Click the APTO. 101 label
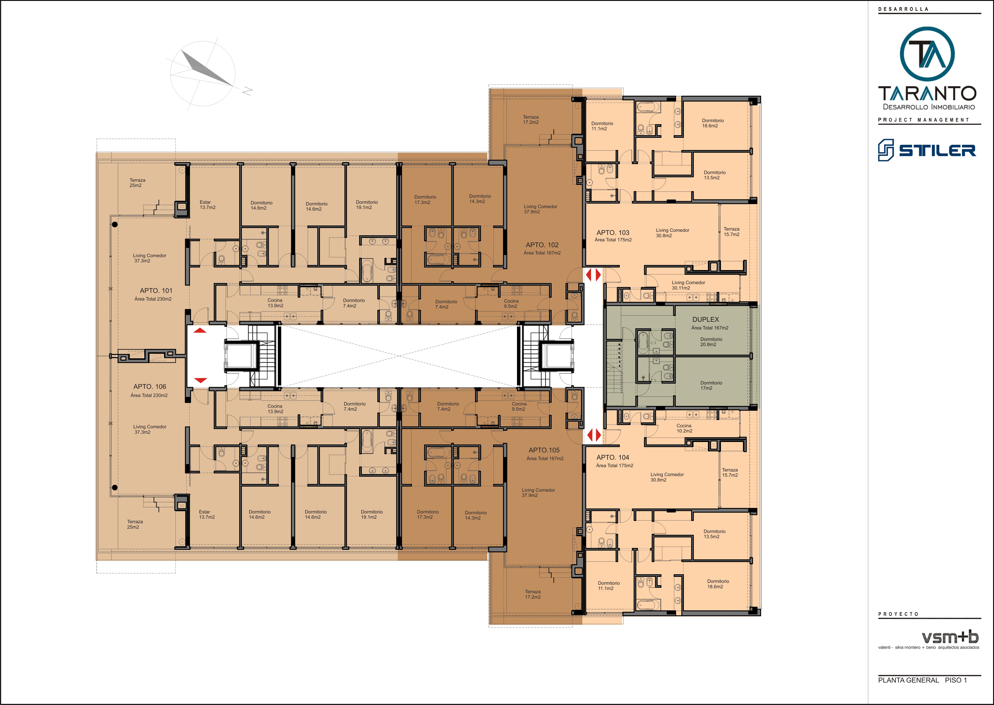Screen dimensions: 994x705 tap(156, 290)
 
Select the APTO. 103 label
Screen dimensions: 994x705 tap(613, 233)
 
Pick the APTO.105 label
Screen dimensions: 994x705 tap(544, 450)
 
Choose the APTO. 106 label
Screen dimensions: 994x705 tap(150, 386)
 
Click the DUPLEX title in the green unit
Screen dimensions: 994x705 tap(705, 319)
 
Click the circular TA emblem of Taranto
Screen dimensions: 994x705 tap(927, 54)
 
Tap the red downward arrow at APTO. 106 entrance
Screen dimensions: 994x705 tap(200, 380)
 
